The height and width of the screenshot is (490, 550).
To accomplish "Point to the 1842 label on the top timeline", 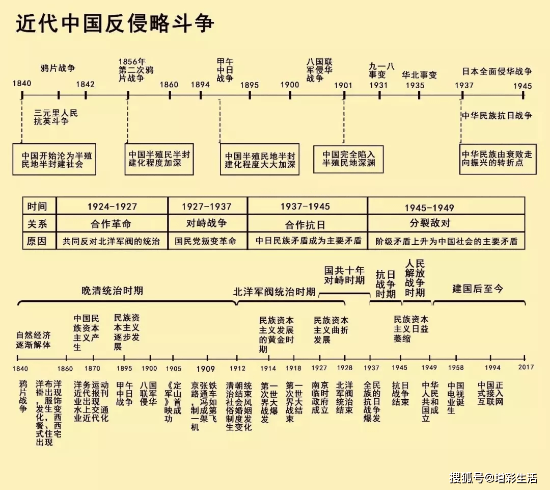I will pos(85,85).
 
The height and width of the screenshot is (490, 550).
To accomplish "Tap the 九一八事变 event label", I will pos(382,70).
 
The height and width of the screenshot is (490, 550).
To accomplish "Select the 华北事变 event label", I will pos(419,74).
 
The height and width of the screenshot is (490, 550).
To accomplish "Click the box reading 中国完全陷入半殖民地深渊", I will pos(348,159).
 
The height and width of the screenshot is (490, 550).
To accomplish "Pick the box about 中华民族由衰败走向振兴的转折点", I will pos(498,159).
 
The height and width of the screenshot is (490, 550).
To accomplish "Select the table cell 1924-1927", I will pos(112,207).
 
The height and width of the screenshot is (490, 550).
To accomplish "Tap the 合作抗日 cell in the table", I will pos(307,224).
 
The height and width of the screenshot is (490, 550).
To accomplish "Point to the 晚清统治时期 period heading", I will pos(112,291).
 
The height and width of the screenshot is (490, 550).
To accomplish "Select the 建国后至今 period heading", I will pos(477,289).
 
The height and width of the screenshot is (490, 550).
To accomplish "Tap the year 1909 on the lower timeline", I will pos(205,369).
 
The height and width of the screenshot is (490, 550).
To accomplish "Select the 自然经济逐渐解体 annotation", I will pos(34,340).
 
